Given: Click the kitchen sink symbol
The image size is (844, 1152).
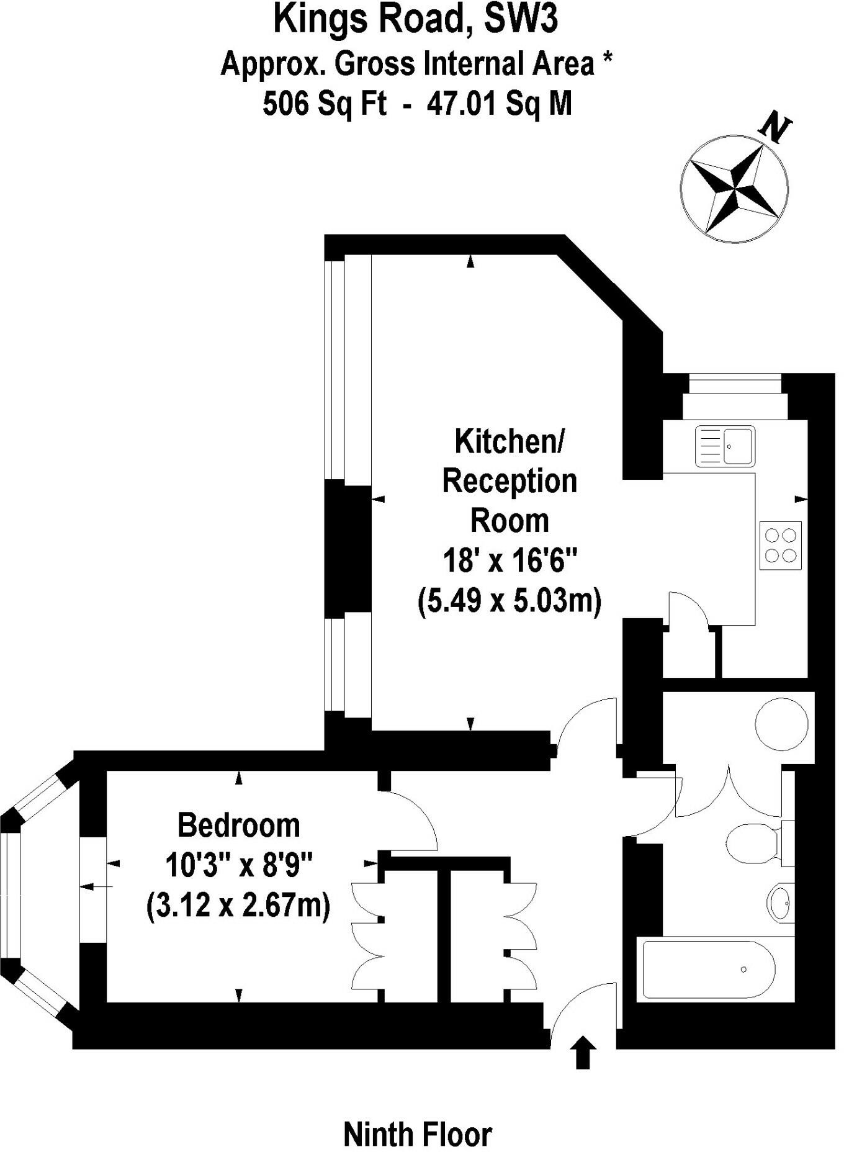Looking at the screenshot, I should coord(725,446).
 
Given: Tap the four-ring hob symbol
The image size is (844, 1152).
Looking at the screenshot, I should coord(780,545).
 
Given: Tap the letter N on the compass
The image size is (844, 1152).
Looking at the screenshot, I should coord(774,127).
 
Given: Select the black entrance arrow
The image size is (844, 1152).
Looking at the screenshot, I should coord(582,1051).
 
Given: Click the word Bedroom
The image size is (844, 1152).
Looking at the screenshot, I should coord(239,826).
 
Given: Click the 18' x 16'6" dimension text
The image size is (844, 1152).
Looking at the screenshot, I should coord(510,561).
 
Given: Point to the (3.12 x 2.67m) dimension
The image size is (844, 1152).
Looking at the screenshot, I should coord(238,906).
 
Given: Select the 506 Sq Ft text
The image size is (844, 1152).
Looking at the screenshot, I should coord(324,103).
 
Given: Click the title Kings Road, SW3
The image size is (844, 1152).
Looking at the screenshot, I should coord(415,20).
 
